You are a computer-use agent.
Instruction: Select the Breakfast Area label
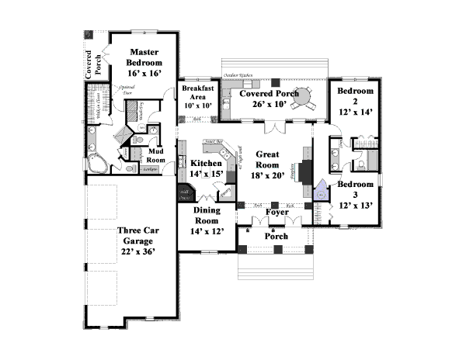[x=197, y=93]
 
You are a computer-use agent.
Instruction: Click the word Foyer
[x=277, y=212]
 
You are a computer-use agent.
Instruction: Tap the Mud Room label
[x=157, y=154]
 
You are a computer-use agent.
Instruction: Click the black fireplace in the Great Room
[x=305, y=170]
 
